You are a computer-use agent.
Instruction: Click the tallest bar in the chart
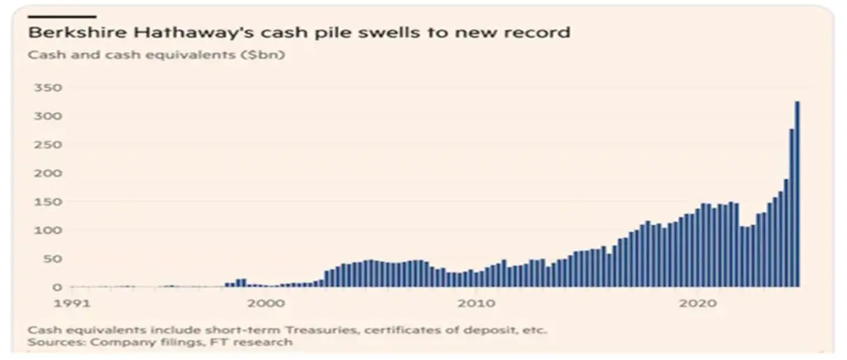click(797, 194)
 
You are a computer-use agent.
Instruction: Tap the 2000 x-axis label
click(268, 303)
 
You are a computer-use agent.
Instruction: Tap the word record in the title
click(540, 34)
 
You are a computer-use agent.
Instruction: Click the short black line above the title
click(62, 16)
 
